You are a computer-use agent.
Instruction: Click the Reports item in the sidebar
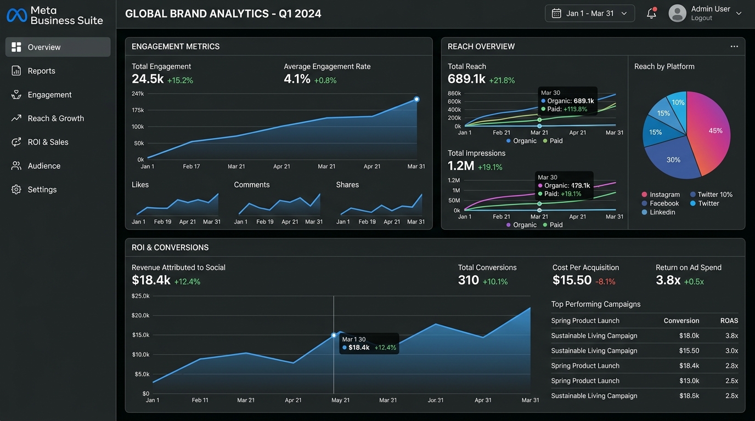click(41, 71)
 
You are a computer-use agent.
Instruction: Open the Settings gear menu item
click(42, 190)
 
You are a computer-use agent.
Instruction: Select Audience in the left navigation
click(44, 166)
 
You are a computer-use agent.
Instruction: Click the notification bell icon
click(651, 14)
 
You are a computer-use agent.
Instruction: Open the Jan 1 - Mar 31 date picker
click(589, 14)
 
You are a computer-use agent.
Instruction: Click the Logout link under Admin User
click(701, 18)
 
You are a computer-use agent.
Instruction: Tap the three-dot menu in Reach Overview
click(734, 47)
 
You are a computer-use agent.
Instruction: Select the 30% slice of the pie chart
click(674, 160)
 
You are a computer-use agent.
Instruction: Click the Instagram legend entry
click(664, 195)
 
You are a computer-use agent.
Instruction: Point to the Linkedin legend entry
click(662, 212)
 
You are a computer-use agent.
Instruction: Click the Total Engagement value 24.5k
click(148, 79)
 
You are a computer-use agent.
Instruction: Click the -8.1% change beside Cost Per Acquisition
click(605, 282)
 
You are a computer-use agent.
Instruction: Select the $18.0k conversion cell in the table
click(689, 335)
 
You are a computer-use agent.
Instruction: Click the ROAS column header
click(729, 321)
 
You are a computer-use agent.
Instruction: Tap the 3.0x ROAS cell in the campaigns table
click(731, 351)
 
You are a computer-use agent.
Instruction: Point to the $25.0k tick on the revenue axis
click(140, 296)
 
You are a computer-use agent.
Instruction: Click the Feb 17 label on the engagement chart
click(191, 166)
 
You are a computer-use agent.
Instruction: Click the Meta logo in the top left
click(16, 15)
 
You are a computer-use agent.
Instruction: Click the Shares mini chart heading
click(347, 185)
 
